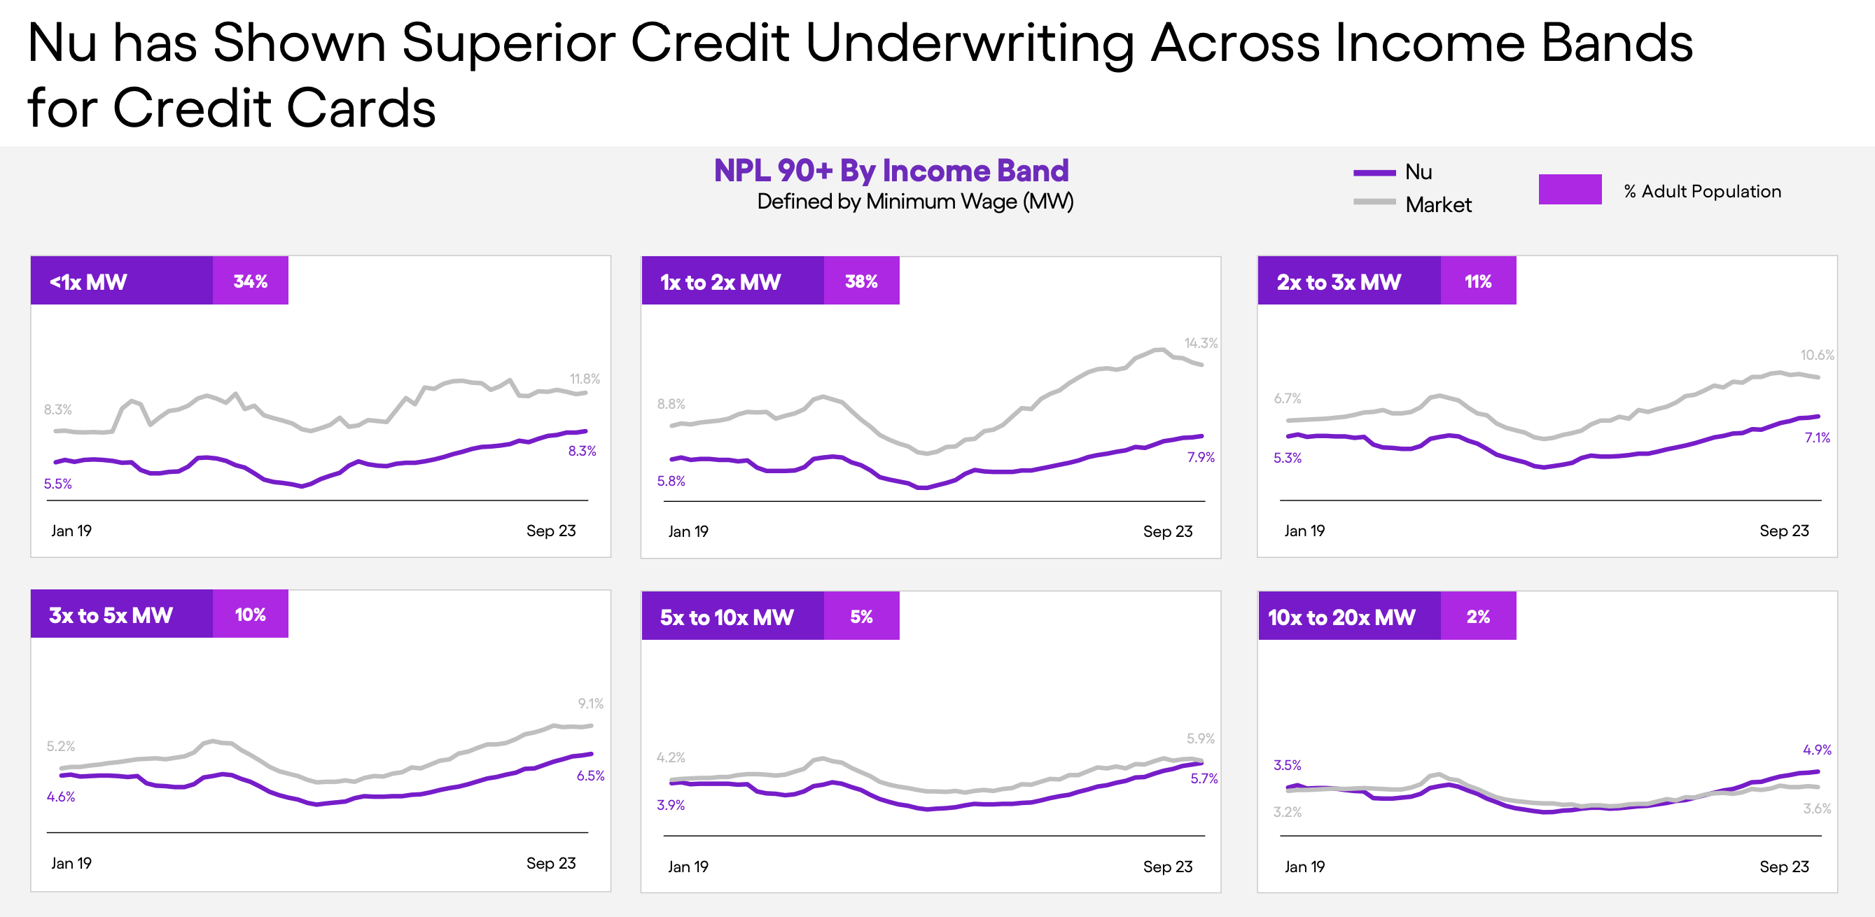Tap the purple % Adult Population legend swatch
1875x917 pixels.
[1569, 189]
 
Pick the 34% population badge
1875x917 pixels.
[251, 281]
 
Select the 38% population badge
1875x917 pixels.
[861, 281]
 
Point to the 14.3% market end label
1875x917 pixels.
[1200, 343]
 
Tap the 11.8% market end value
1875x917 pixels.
[585, 379]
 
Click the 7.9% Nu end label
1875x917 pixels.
[1200, 457]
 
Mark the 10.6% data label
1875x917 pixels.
[1817, 355]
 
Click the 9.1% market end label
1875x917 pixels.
[590, 703]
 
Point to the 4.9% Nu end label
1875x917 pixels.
[1817, 750]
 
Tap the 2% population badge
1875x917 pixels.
[1477, 617]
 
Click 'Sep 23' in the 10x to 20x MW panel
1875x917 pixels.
[1783, 866]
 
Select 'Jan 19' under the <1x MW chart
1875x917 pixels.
[71, 531]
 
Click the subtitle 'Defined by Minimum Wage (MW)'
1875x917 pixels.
[915, 202]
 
